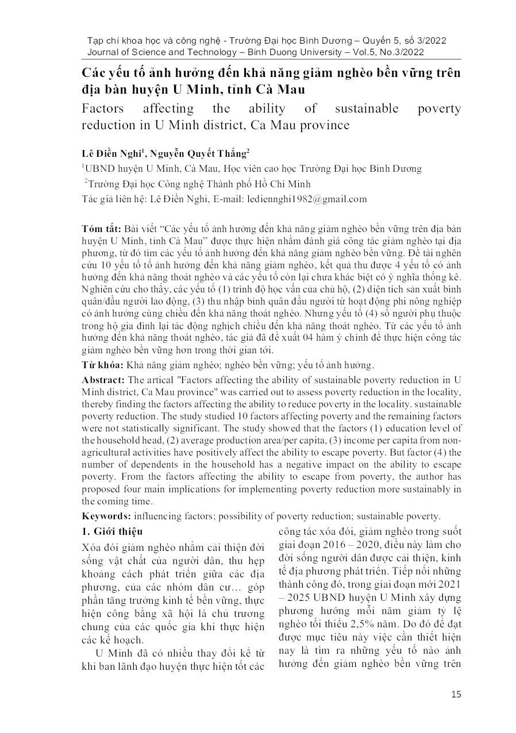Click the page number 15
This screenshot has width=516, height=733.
click(x=456, y=695)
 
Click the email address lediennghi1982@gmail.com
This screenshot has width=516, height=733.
click(x=306, y=199)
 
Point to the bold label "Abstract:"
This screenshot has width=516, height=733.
click(x=103, y=380)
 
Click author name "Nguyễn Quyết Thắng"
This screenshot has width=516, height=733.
click(x=199, y=153)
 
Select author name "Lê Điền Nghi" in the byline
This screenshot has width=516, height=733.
click(x=114, y=153)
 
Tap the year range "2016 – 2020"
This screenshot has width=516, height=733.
click(x=336, y=544)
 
